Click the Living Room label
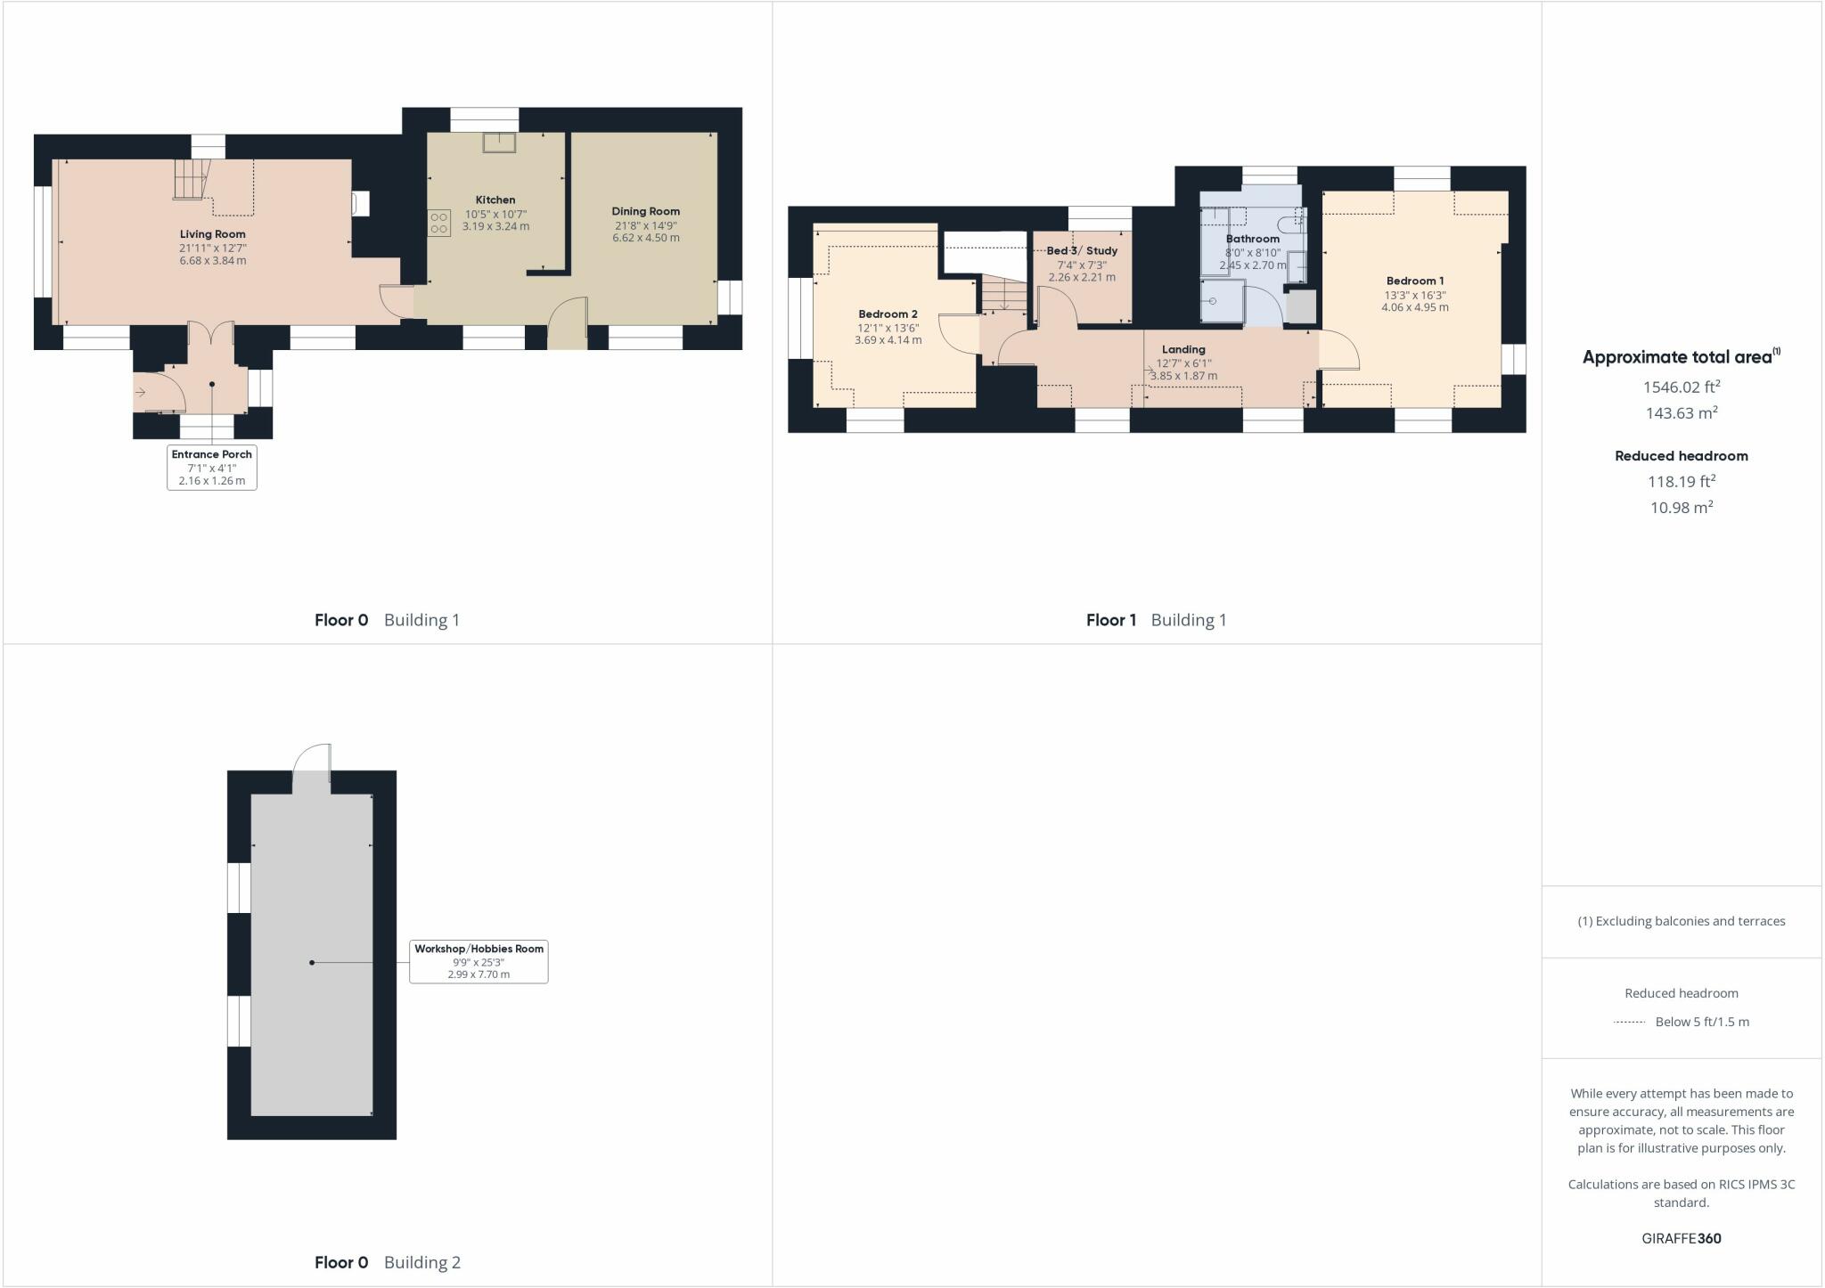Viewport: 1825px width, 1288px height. click(x=212, y=234)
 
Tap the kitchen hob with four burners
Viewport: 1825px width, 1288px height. click(x=438, y=223)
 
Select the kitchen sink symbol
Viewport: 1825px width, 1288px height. click(x=499, y=143)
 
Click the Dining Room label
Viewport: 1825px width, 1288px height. click(x=645, y=212)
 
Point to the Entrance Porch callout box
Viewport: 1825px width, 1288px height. click(x=212, y=467)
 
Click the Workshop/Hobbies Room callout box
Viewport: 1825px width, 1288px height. click(x=479, y=961)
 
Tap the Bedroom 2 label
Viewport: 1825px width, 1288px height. click(x=888, y=314)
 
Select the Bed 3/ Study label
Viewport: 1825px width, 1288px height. click(x=1082, y=251)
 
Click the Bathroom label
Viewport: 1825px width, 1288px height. click(x=1252, y=239)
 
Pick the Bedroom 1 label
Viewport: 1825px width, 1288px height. click(x=1414, y=281)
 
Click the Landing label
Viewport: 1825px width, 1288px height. click(x=1183, y=350)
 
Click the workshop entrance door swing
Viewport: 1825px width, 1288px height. click(x=313, y=762)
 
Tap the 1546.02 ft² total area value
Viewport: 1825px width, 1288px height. click(x=1681, y=387)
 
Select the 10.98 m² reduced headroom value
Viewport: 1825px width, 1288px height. click(x=1681, y=508)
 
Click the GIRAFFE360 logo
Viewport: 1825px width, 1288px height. click(x=1681, y=1238)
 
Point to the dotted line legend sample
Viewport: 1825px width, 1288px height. click(x=1629, y=1023)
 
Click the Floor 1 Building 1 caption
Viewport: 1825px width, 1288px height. click(x=1156, y=620)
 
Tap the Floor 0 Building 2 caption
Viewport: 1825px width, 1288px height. click(x=387, y=1262)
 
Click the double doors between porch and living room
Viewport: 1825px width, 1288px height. click(x=211, y=333)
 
